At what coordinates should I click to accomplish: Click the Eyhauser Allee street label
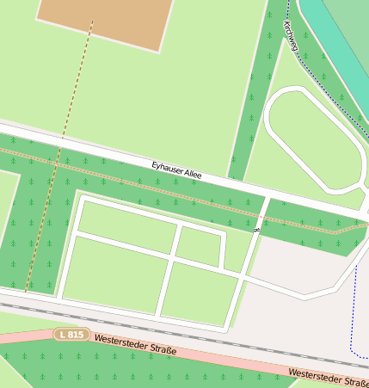tap(176, 169)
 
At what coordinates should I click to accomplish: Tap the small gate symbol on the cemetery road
tap(256, 228)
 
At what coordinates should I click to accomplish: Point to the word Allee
tap(193, 173)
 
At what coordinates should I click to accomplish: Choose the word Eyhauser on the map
tap(167, 167)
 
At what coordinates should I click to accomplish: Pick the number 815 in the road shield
tap(76, 334)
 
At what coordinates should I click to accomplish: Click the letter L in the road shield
tap(62, 333)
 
